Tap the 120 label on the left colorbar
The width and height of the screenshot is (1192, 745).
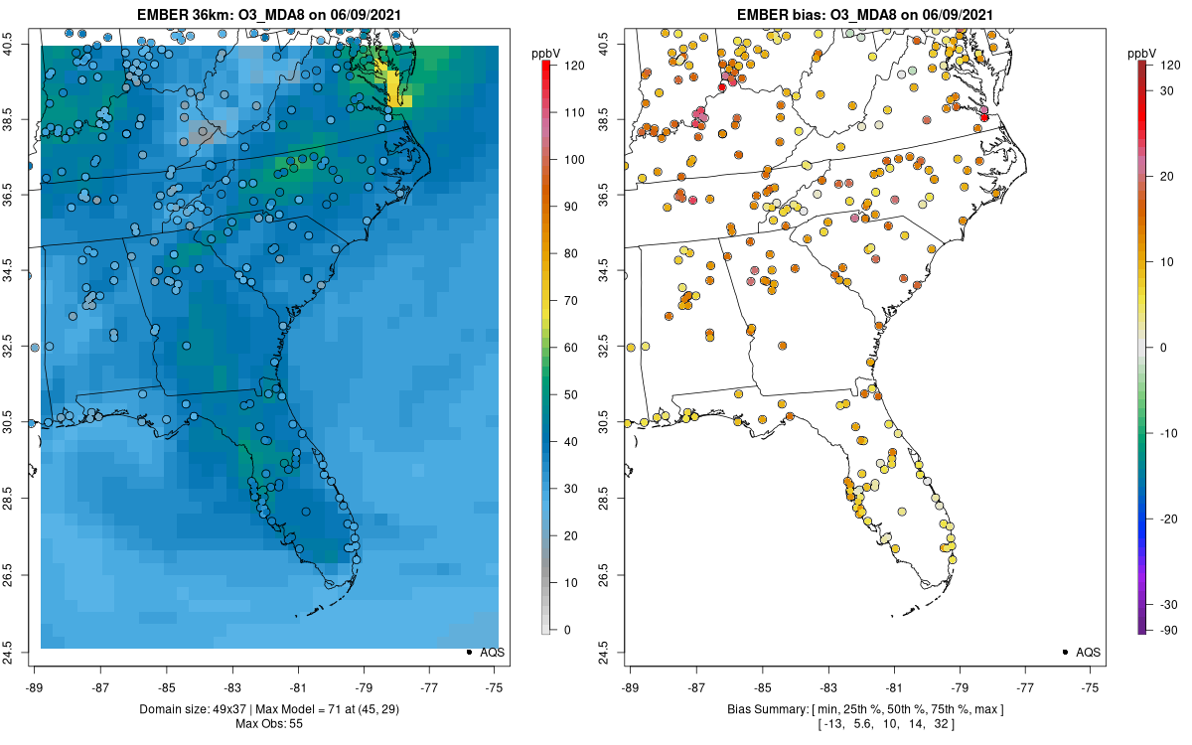tap(574, 66)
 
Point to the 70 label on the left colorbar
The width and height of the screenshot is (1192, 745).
tap(570, 301)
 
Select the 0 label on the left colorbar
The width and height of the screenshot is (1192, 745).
tap(567, 630)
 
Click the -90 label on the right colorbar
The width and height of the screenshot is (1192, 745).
tap(1168, 631)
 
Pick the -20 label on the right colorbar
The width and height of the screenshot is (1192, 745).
tap(1168, 519)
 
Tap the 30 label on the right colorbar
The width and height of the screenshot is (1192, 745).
tap(1166, 91)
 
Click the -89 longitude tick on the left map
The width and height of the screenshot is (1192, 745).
tap(35, 687)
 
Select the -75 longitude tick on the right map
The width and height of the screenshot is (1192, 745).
tap(1090, 687)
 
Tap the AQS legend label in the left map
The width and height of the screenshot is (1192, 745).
tap(492, 653)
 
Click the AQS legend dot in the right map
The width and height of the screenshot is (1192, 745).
tap(1065, 653)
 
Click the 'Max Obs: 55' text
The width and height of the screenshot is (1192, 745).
tap(269, 724)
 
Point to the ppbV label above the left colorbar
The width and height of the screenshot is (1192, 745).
tap(545, 54)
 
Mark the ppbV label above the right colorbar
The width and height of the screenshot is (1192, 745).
tap(1142, 54)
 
